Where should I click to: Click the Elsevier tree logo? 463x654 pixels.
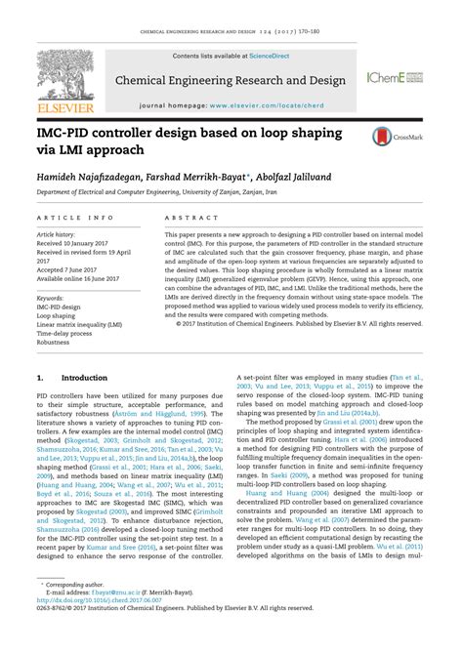click(40, 72)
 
